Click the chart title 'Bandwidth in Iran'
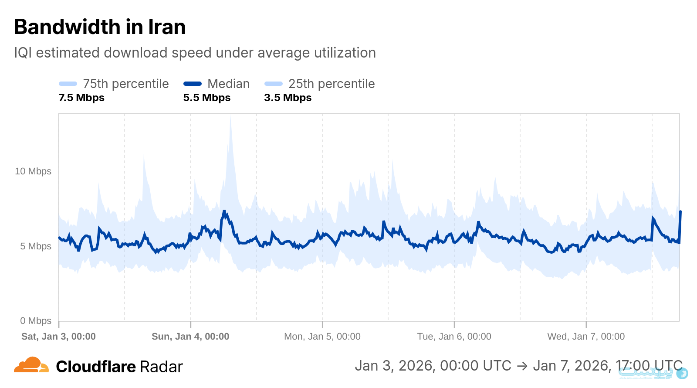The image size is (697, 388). click(100, 27)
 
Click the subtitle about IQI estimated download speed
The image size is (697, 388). click(195, 53)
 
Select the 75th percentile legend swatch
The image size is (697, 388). click(68, 84)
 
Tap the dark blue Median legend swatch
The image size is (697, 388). click(193, 84)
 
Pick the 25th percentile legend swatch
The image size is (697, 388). click(274, 84)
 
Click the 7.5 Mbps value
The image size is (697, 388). click(81, 98)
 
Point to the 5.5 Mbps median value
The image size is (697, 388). click(206, 98)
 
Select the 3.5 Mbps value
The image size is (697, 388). click(288, 98)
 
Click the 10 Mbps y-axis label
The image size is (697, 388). click(33, 171)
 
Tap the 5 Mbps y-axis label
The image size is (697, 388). click(36, 246)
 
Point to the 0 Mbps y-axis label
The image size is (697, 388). click(36, 321)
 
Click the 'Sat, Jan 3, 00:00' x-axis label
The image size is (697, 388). click(58, 337)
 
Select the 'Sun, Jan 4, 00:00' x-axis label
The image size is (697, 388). click(190, 337)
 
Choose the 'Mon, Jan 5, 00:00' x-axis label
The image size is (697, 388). click(322, 337)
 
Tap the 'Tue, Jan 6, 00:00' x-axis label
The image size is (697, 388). click(454, 337)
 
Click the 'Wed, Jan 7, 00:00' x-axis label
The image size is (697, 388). click(586, 337)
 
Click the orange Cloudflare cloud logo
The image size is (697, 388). click(31, 365)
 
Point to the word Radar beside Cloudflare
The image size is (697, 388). click(161, 367)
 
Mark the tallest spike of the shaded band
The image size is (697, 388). click(230, 117)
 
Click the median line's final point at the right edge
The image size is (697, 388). click(680, 212)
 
